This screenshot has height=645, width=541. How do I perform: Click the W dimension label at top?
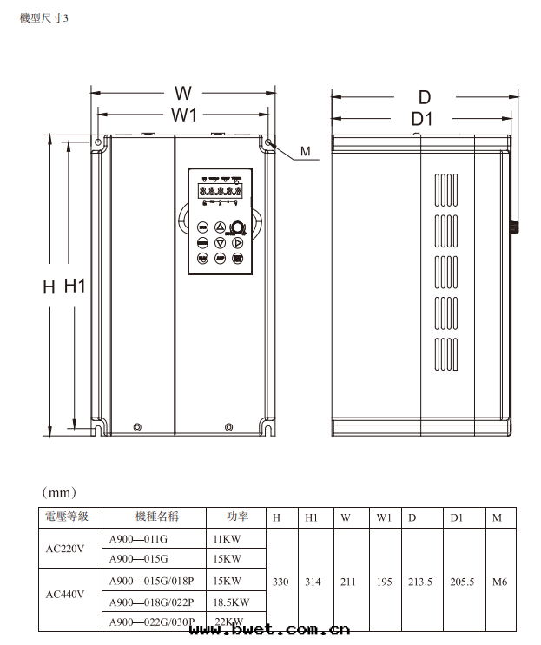(182, 93)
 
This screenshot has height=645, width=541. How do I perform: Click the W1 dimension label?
(182, 114)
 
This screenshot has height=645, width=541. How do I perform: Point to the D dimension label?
(425, 96)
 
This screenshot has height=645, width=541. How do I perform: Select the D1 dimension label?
(423, 118)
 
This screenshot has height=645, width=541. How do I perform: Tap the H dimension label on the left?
(49, 287)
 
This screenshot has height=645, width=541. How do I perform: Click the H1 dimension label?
(75, 286)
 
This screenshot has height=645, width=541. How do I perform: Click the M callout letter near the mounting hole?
(305, 152)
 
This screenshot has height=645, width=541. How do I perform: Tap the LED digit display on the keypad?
(220, 191)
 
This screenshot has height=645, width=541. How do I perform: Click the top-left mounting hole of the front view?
(98, 142)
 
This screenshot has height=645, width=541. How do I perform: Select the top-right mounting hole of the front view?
(269, 142)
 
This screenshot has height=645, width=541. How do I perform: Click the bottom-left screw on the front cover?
(137, 426)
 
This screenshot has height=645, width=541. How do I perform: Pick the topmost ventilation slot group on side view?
(445, 190)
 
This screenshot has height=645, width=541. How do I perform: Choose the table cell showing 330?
(280, 582)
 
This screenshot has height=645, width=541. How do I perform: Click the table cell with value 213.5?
(420, 582)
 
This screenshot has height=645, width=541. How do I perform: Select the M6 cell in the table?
(499, 582)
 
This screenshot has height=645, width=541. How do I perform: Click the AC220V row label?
(66, 549)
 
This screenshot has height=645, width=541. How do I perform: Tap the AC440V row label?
(66, 594)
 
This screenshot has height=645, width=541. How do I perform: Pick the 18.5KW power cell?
(230, 602)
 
